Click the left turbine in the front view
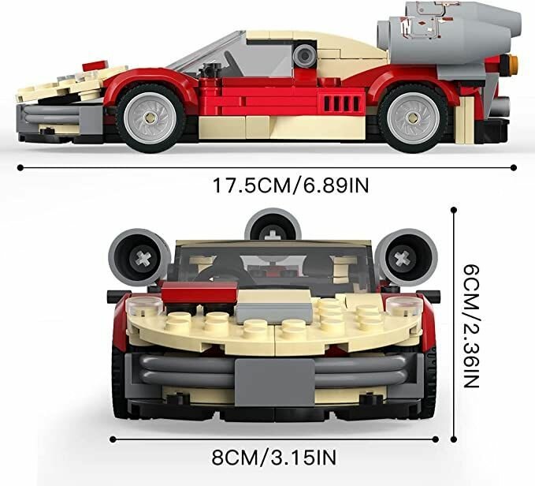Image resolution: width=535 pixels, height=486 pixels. pyautogui.click(x=139, y=256)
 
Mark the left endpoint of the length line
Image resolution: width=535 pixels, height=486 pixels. pyautogui.click(x=17, y=167)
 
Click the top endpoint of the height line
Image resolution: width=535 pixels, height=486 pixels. pyautogui.click(x=455, y=208)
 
